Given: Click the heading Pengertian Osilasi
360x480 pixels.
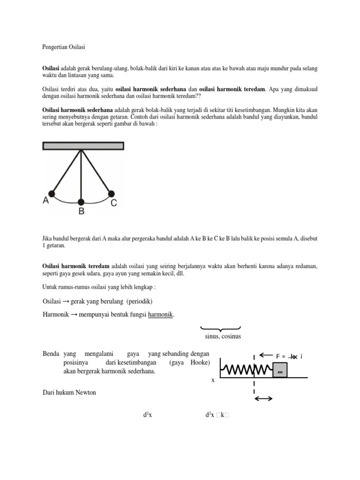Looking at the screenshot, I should pos(64,48).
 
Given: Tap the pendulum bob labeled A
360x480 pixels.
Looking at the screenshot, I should pos(52,193).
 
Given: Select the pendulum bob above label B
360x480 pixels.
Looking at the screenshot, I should pos(81,202).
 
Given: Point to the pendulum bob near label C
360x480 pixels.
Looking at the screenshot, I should pos(111,193).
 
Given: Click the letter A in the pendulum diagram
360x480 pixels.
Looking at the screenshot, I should pos(46,201).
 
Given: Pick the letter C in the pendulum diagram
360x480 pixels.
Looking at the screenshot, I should pos(114,203).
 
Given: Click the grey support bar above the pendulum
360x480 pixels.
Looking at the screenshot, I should pos(83,146).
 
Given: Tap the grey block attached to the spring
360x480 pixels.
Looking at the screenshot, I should pos(280,370).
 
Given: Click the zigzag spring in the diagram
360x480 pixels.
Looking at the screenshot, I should pos(246,370).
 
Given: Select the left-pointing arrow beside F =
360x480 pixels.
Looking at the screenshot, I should pos(266,355).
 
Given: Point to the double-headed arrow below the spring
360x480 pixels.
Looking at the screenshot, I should pos(263,398).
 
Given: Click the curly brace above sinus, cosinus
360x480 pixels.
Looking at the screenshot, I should pos(220,329).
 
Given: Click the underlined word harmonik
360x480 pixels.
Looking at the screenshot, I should pos(161,314).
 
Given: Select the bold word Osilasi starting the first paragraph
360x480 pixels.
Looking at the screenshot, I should pos(52,68).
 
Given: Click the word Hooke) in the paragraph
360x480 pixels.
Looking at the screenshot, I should pos(200,363).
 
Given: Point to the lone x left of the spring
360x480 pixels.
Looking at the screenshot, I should pos(213,380).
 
